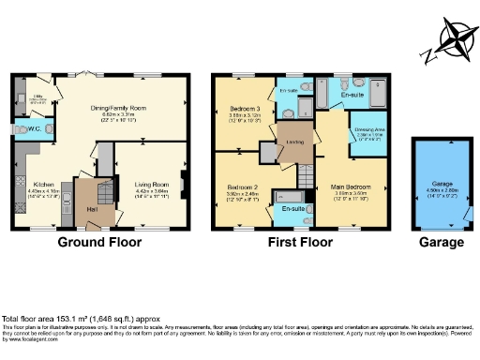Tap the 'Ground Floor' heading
[99, 242]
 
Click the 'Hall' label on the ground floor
[93, 209]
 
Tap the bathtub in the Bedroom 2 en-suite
[291, 198]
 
